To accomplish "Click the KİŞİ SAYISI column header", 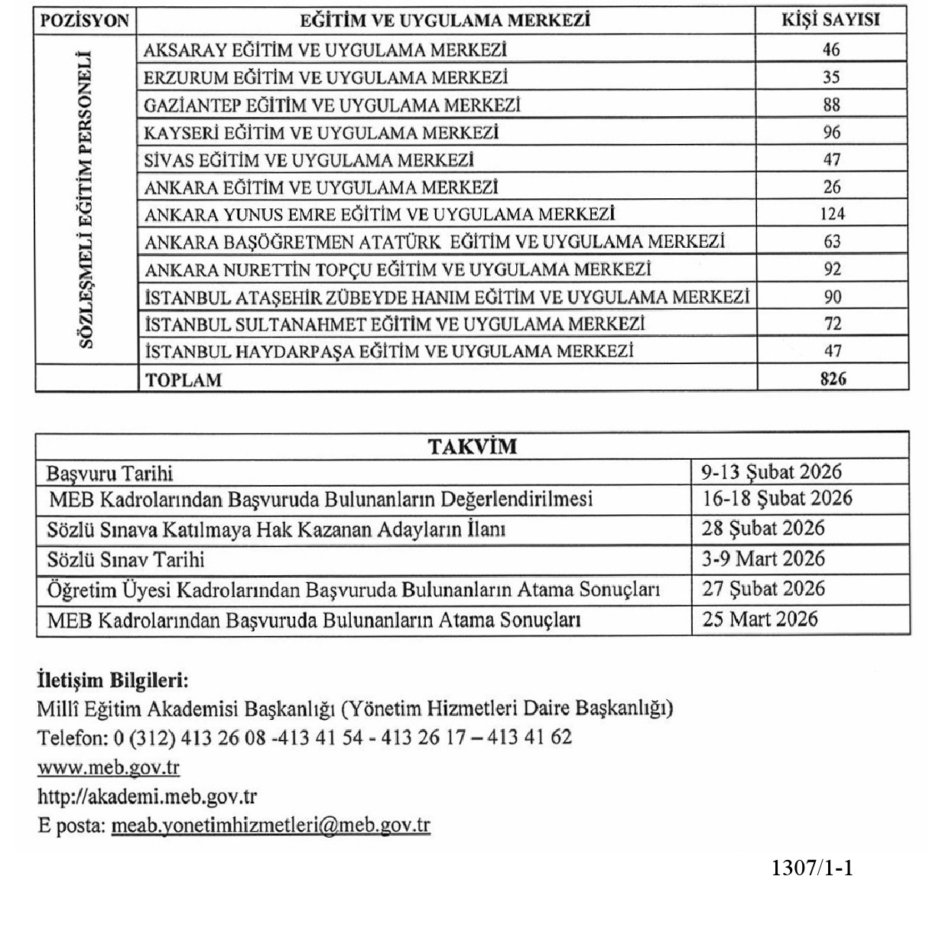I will (x=831, y=21).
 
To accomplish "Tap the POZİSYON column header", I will (x=85, y=21).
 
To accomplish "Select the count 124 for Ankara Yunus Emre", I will (x=832, y=214).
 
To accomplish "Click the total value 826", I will (x=832, y=378).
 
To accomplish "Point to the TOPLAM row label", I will (x=184, y=379).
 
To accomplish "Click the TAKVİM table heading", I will (x=472, y=447).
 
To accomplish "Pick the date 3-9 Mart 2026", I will (x=763, y=559).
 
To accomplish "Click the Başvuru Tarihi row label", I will (x=109, y=473).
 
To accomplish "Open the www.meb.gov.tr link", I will (x=109, y=767).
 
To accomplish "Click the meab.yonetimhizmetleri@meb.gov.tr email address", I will (x=271, y=826).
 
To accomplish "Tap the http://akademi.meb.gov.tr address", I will (x=147, y=796).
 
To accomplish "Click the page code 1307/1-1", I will (x=812, y=868).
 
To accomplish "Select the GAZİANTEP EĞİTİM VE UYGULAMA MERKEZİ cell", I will (x=333, y=105).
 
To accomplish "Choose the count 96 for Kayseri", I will (x=832, y=132).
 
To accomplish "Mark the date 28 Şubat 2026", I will (x=763, y=529).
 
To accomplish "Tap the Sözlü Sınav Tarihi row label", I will (x=126, y=560).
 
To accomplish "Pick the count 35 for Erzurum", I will (x=832, y=77).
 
